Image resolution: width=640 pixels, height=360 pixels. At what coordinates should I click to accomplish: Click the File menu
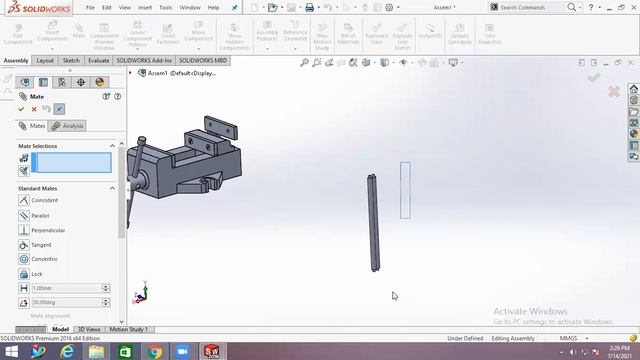click(x=89, y=7)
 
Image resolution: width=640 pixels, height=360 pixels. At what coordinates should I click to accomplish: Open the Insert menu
click(x=144, y=7)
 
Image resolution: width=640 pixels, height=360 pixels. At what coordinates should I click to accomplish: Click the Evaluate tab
click(x=98, y=60)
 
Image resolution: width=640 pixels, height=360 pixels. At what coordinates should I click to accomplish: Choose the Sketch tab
click(x=71, y=60)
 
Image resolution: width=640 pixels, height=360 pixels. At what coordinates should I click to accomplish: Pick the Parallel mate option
click(x=40, y=215)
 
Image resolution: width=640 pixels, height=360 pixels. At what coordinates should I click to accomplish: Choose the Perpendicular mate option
click(x=47, y=230)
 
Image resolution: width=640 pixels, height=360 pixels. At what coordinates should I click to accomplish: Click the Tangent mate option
click(x=40, y=245)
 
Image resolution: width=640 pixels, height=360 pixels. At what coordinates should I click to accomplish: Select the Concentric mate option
click(x=44, y=259)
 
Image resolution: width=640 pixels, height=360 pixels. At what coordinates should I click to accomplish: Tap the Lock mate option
click(x=36, y=274)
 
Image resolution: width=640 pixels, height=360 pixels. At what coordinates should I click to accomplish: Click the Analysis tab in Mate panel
click(x=69, y=126)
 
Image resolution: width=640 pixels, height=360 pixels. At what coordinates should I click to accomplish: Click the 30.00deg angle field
click(x=66, y=302)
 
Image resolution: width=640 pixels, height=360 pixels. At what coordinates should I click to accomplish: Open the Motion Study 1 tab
click(x=128, y=329)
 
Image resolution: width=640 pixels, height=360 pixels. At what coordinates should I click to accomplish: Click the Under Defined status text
click(x=464, y=338)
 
